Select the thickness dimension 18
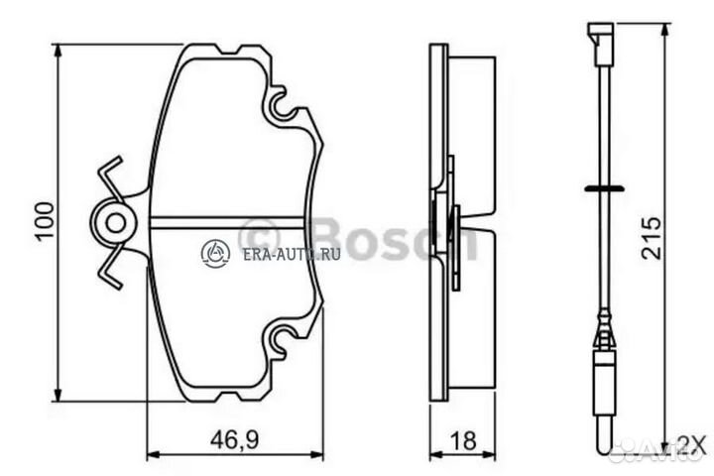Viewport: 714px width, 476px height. [463, 436]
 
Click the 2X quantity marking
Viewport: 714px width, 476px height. [691, 442]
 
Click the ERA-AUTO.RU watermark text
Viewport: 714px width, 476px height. [291, 254]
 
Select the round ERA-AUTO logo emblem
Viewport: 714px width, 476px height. [215, 254]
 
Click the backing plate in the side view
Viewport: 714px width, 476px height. [437, 222]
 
